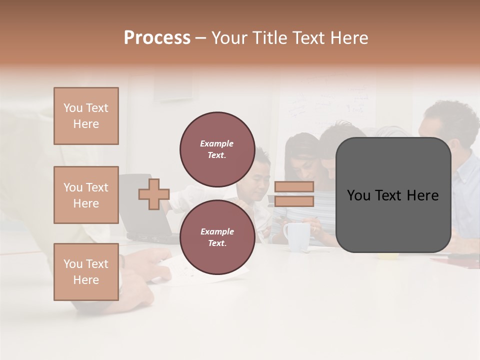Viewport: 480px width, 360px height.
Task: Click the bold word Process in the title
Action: [x=157, y=38]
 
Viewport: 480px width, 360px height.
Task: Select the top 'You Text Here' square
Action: [x=86, y=116]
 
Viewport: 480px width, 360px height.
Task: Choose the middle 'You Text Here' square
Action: [x=86, y=195]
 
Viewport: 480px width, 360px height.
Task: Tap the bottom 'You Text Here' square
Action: [x=86, y=272]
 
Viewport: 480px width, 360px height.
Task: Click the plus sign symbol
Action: [x=154, y=194]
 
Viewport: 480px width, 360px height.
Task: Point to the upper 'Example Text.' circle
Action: [x=217, y=149]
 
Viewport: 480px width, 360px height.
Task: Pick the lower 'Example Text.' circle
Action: [x=217, y=237]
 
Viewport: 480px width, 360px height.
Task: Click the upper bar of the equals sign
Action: [x=294, y=186]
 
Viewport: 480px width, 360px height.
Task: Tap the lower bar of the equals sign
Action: [x=294, y=201]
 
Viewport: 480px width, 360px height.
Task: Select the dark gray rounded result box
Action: [x=393, y=195]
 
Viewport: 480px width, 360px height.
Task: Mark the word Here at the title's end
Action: [x=349, y=38]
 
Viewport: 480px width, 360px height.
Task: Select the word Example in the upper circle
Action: [x=216, y=143]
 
